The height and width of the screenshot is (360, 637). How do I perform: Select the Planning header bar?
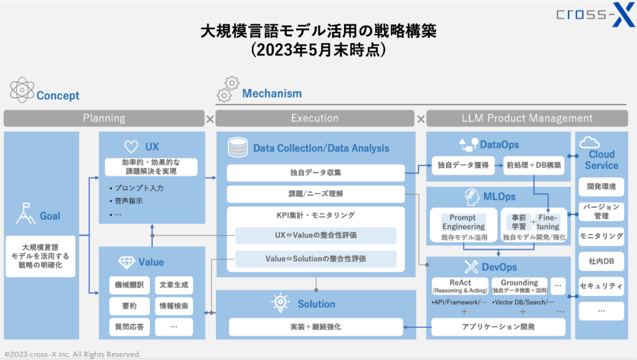click(104, 118)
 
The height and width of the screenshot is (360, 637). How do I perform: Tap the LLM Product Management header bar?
click(527, 118)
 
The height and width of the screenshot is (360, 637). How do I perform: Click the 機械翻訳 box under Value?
click(129, 285)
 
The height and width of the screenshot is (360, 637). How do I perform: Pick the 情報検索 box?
click(174, 306)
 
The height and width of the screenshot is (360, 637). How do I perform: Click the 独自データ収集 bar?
click(315, 172)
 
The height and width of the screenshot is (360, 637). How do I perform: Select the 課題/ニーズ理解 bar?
click(315, 193)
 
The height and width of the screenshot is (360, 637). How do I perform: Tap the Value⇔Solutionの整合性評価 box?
click(315, 258)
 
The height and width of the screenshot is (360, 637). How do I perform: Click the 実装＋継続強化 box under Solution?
click(315, 326)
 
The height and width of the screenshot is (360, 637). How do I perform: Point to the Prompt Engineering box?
click(463, 222)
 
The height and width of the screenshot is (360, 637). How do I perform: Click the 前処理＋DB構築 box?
click(534, 165)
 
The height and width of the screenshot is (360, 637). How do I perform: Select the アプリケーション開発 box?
click(498, 326)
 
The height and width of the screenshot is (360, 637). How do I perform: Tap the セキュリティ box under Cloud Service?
click(601, 286)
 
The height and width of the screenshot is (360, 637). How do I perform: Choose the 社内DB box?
click(601, 261)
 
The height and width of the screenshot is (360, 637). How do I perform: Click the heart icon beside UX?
click(131, 147)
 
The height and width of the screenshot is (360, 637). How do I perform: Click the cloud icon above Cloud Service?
click(589, 142)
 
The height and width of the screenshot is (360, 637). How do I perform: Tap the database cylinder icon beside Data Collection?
click(237, 147)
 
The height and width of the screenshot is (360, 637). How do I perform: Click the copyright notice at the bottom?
click(72, 354)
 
